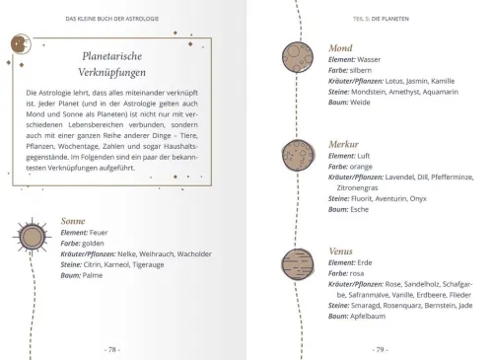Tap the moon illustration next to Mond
[297, 57]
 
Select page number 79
[379, 348]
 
